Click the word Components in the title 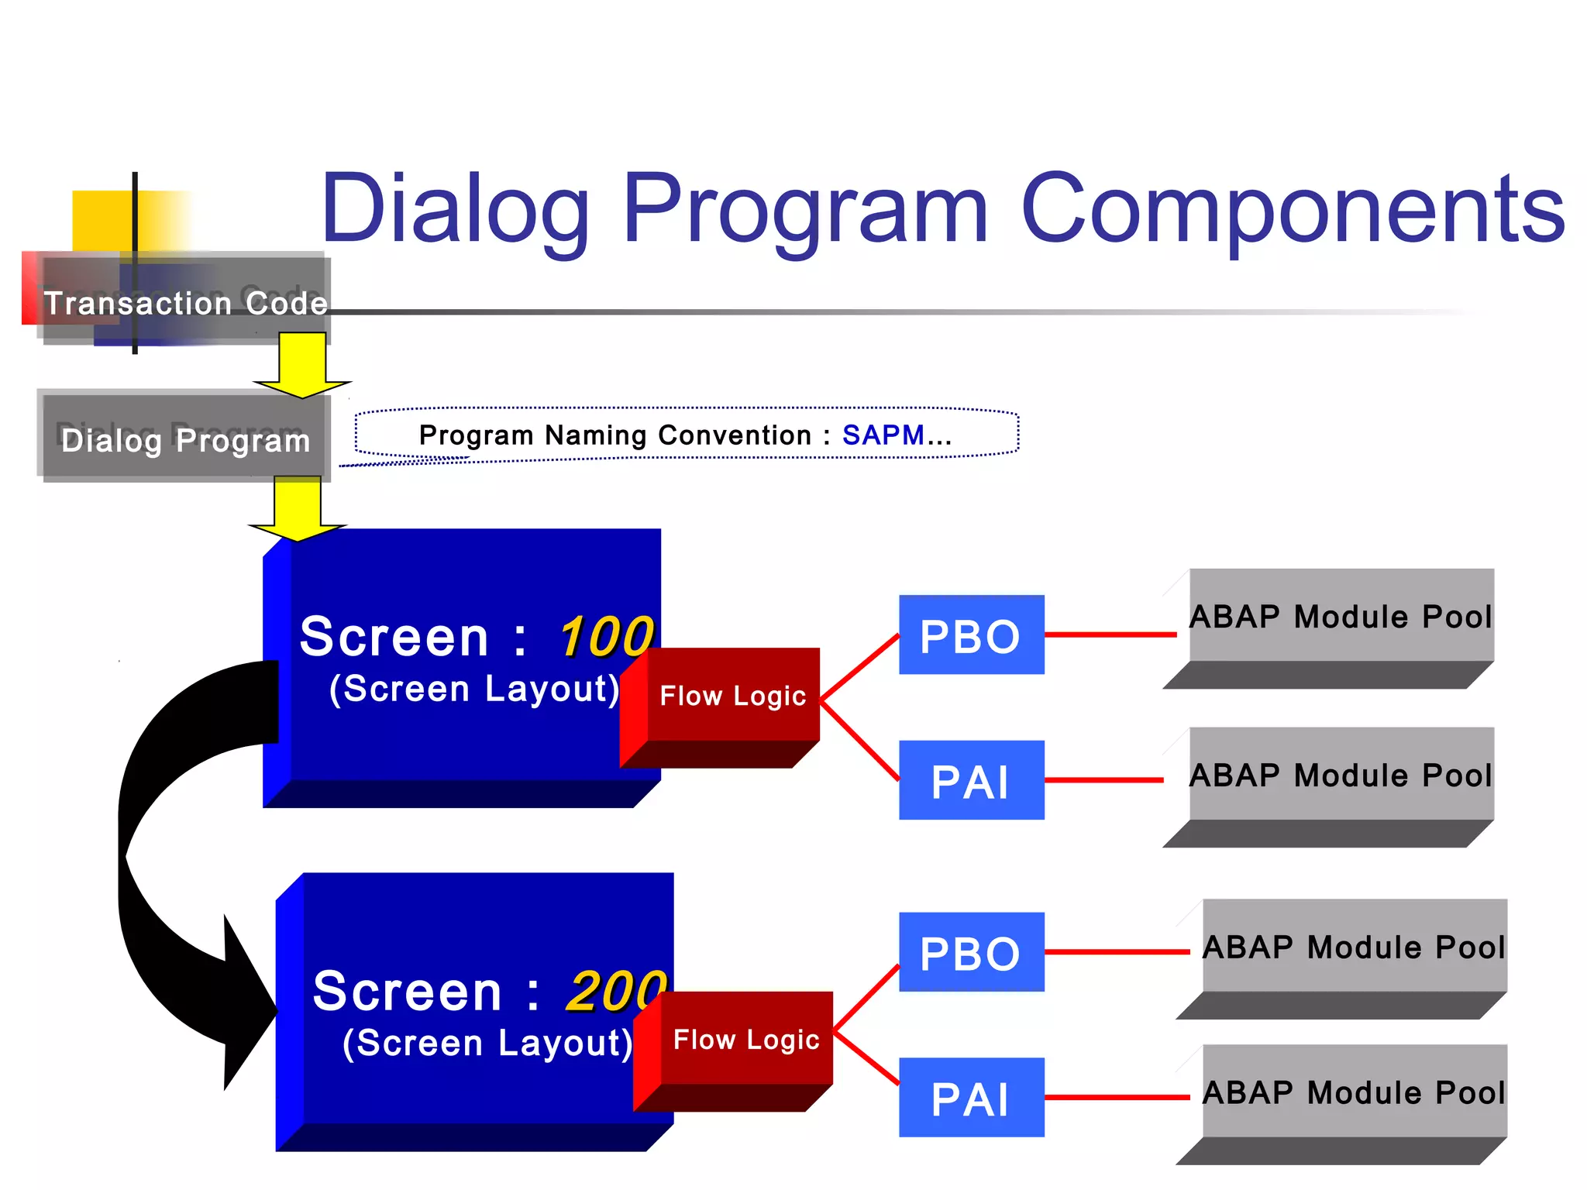point(1293,209)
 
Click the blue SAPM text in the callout point(883,435)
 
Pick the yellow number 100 point(606,637)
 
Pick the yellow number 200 point(616,991)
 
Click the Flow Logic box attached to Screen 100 point(733,695)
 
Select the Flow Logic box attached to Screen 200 point(746,1039)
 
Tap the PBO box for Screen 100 point(971,635)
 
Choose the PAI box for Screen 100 point(971,781)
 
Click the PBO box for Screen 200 point(971,952)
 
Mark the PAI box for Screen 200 point(971,1098)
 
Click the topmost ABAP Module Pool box point(1341,617)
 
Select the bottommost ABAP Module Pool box point(1354,1092)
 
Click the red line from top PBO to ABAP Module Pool point(1110,635)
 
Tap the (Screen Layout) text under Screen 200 point(487,1043)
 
